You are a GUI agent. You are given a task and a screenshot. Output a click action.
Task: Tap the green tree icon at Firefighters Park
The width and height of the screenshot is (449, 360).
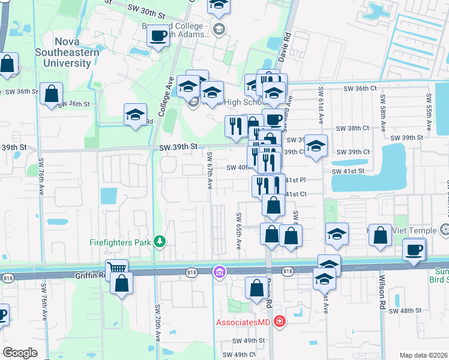pyautogui.click(x=160, y=242)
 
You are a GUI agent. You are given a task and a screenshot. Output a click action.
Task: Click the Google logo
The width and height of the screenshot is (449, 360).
pyautogui.click(x=20, y=352)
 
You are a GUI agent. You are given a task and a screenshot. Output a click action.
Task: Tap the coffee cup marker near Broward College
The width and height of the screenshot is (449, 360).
pyautogui.click(x=158, y=36)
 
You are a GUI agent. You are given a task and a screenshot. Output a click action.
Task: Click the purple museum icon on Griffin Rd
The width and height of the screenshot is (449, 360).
pyautogui.click(x=220, y=272)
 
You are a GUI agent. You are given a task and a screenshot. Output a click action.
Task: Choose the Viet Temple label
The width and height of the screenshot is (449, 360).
pyautogui.click(x=420, y=230)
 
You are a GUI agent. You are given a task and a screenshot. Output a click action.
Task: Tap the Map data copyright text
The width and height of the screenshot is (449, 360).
pyautogui.click(x=424, y=355)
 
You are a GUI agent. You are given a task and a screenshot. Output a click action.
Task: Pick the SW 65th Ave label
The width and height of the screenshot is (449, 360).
pyautogui.click(x=239, y=231)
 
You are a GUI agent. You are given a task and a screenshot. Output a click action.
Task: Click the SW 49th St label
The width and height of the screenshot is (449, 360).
pyautogui.click(x=249, y=340)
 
